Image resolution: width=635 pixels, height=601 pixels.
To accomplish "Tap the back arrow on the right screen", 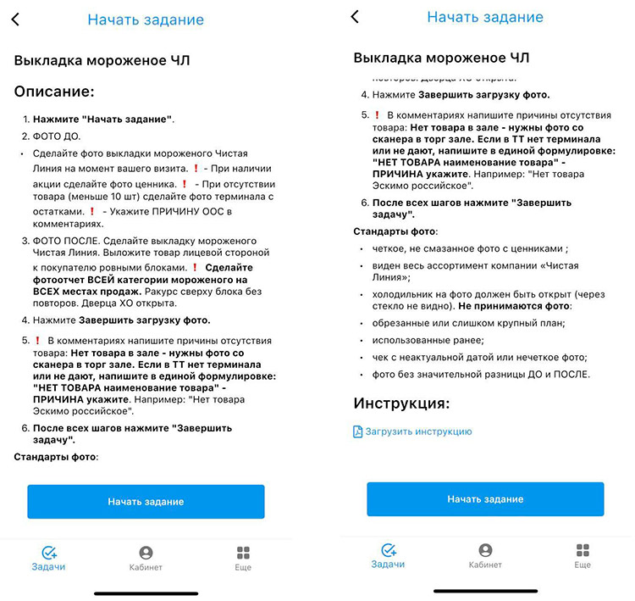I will point(355,17).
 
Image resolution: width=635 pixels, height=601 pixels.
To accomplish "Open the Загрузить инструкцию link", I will point(418,431).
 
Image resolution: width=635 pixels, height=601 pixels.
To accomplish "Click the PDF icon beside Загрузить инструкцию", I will point(357,431).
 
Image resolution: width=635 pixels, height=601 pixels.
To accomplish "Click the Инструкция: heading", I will point(401,403).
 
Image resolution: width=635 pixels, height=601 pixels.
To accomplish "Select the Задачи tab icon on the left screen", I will point(48,552).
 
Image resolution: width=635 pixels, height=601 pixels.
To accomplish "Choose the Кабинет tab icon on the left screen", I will point(146,552).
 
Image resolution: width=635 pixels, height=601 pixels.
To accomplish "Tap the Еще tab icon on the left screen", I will point(243,552).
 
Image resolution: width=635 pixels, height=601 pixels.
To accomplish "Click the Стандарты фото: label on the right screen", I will point(395,231).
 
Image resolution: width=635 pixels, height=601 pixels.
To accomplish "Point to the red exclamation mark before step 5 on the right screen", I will point(377,114).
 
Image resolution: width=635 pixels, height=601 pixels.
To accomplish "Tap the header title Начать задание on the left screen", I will point(146,19).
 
